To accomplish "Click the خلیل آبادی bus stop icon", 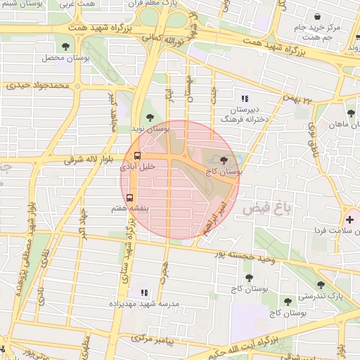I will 137,156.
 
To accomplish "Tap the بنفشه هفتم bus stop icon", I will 129,197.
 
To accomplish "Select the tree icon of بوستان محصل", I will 65,46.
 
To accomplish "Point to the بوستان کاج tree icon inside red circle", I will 224,160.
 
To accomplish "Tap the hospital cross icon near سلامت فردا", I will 349,219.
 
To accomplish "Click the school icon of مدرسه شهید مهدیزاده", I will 144,292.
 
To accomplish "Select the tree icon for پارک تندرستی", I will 321,285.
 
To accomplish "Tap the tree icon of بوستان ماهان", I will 351,112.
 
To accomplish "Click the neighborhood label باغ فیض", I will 267,209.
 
